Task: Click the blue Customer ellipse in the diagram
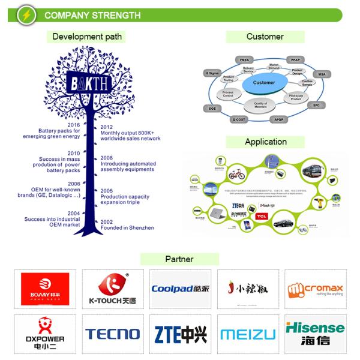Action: tap(263, 83)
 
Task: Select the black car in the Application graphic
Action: tap(284, 223)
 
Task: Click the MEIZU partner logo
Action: tap(248, 334)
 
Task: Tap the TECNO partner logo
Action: tap(112, 334)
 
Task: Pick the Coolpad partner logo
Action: tap(180, 289)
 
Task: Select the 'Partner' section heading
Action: tap(179, 259)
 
